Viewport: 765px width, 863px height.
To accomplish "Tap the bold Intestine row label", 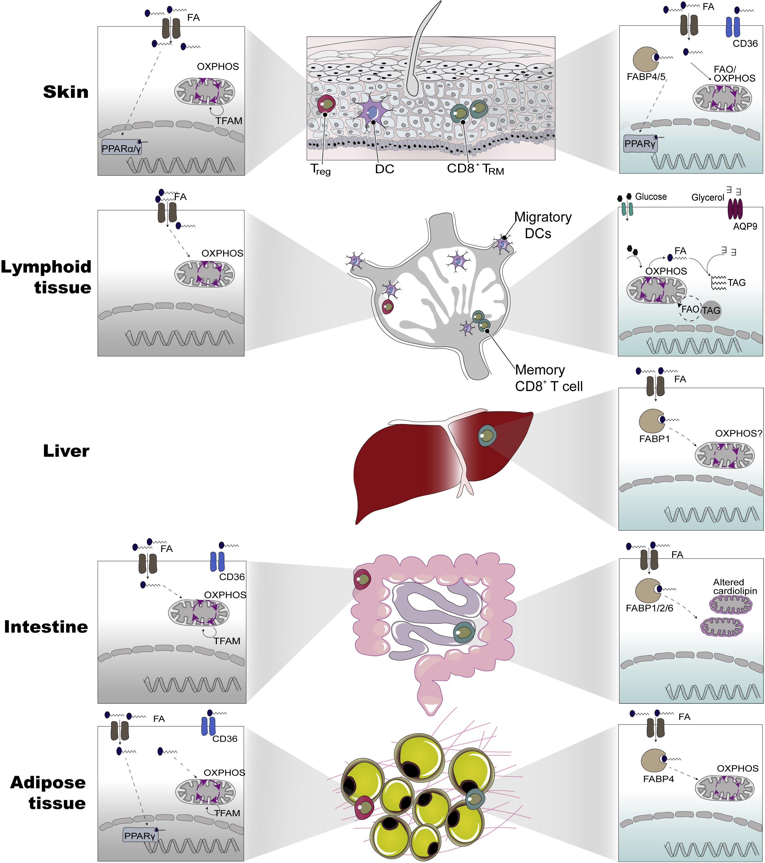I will coord(46,627).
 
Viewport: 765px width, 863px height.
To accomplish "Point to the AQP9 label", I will coord(745,226).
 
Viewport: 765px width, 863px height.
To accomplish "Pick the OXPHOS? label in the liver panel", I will coord(738,434).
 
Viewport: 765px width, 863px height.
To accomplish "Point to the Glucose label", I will coord(651,197).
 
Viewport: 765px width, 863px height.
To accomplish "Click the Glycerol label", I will coord(708,198).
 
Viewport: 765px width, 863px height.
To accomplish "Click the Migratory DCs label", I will coord(543,225).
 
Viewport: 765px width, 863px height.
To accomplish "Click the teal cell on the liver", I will coord(487,435).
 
